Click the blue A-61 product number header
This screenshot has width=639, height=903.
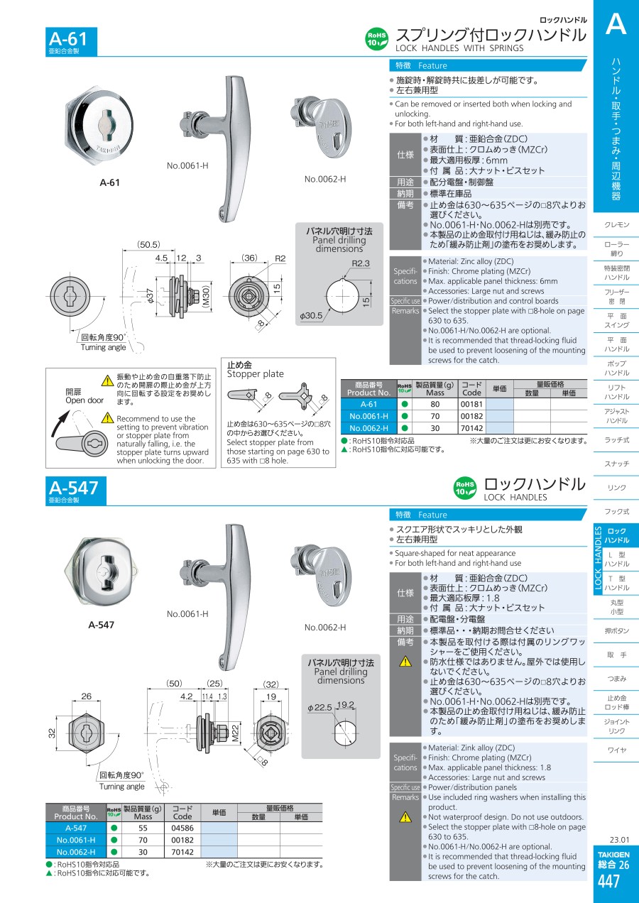(x=71, y=41)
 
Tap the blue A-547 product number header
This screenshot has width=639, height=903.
(x=76, y=491)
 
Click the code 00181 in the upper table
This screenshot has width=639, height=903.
(x=471, y=404)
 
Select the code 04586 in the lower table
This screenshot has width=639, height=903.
(x=182, y=828)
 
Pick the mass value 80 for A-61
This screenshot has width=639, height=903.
(x=435, y=404)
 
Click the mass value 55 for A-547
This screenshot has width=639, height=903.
(x=143, y=828)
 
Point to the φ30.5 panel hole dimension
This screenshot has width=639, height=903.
(x=311, y=315)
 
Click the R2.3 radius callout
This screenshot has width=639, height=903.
(x=361, y=263)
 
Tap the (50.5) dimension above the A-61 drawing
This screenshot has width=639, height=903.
(x=148, y=244)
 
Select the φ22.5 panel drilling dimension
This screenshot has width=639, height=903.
(x=319, y=708)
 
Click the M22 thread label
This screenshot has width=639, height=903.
(x=236, y=733)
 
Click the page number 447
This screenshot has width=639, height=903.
(x=608, y=882)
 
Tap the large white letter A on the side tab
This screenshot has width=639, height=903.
(x=616, y=23)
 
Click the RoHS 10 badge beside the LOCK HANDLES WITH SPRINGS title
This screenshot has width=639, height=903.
(x=377, y=39)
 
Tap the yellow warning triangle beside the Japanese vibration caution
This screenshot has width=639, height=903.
(x=107, y=380)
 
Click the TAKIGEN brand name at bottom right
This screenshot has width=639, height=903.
(x=613, y=855)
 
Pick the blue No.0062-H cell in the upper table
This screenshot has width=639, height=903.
(x=369, y=428)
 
